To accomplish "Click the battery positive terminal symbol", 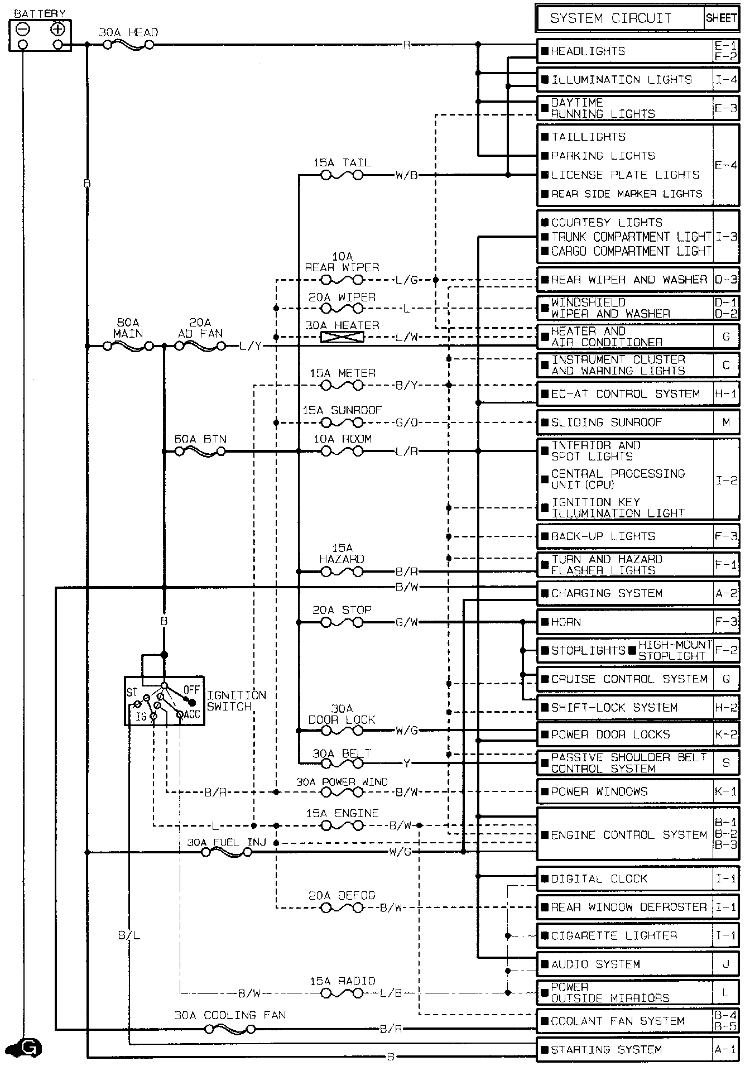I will (57, 29).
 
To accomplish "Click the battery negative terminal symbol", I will (23, 29).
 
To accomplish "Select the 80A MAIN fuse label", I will (128, 328).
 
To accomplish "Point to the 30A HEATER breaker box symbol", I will (342, 337).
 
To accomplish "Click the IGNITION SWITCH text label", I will (237, 701).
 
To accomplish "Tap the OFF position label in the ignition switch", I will (191, 690).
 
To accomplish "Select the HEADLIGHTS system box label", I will (588, 51).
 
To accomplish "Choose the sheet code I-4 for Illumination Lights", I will (726, 80).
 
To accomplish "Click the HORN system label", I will (566, 622).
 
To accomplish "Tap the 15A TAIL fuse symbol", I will (342, 175).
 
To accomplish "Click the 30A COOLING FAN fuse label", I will (230, 1015).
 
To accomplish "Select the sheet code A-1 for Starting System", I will (726, 1049).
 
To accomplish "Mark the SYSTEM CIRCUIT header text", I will (611, 18).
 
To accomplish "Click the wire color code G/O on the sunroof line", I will (406, 422).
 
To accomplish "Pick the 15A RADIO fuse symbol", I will (342, 993).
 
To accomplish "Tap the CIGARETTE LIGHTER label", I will (614, 936).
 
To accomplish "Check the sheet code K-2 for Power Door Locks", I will (726, 734).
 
